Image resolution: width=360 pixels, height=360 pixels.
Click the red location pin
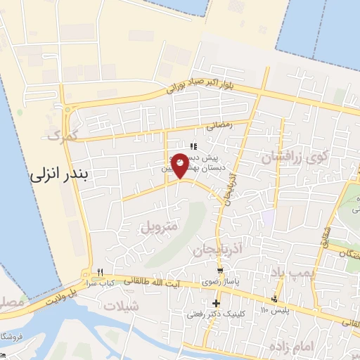pos(181,165)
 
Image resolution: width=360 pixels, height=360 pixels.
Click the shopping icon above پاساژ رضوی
pos(221,271)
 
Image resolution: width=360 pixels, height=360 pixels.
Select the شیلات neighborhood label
pos(122,307)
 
